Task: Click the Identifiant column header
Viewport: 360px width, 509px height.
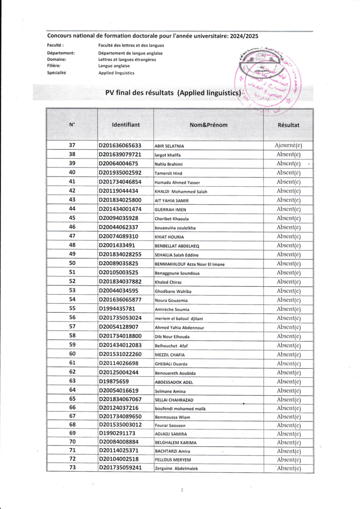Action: point(126,125)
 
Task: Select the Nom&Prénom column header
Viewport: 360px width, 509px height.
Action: point(208,125)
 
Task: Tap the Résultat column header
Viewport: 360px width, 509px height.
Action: point(288,125)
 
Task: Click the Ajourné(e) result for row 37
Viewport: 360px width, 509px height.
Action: point(288,146)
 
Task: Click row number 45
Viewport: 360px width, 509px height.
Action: point(72,218)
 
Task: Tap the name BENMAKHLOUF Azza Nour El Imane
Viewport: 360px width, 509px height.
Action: point(189,264)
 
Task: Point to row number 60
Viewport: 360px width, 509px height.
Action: point(72,354)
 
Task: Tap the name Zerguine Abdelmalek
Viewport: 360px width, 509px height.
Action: point(177,468)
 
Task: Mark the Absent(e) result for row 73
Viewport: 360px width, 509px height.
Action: point(288,468)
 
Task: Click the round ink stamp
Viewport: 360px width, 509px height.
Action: point(269,80)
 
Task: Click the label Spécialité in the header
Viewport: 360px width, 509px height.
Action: point(57,73)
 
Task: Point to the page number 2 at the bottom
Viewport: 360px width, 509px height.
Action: point(182,490)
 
